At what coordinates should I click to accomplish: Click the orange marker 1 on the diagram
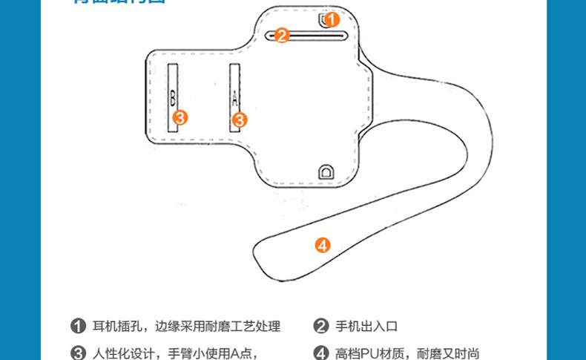(332, 19)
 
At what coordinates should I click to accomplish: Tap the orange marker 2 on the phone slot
(281, 35)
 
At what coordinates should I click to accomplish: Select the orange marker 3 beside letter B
(180, 117)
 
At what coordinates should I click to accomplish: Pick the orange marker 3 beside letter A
(239, 119)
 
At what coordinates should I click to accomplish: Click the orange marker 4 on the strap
(322, 245)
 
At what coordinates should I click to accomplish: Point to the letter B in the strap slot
(172, 96)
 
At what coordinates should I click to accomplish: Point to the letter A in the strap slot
(234, 97)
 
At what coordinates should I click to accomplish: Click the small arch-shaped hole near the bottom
(325, 172)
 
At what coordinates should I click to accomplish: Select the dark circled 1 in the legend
(78, 327)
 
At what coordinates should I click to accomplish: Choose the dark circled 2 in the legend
(320, 327)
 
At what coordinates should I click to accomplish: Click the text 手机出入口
(367, 327)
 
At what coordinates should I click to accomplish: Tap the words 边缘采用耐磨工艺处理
(218, 327)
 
